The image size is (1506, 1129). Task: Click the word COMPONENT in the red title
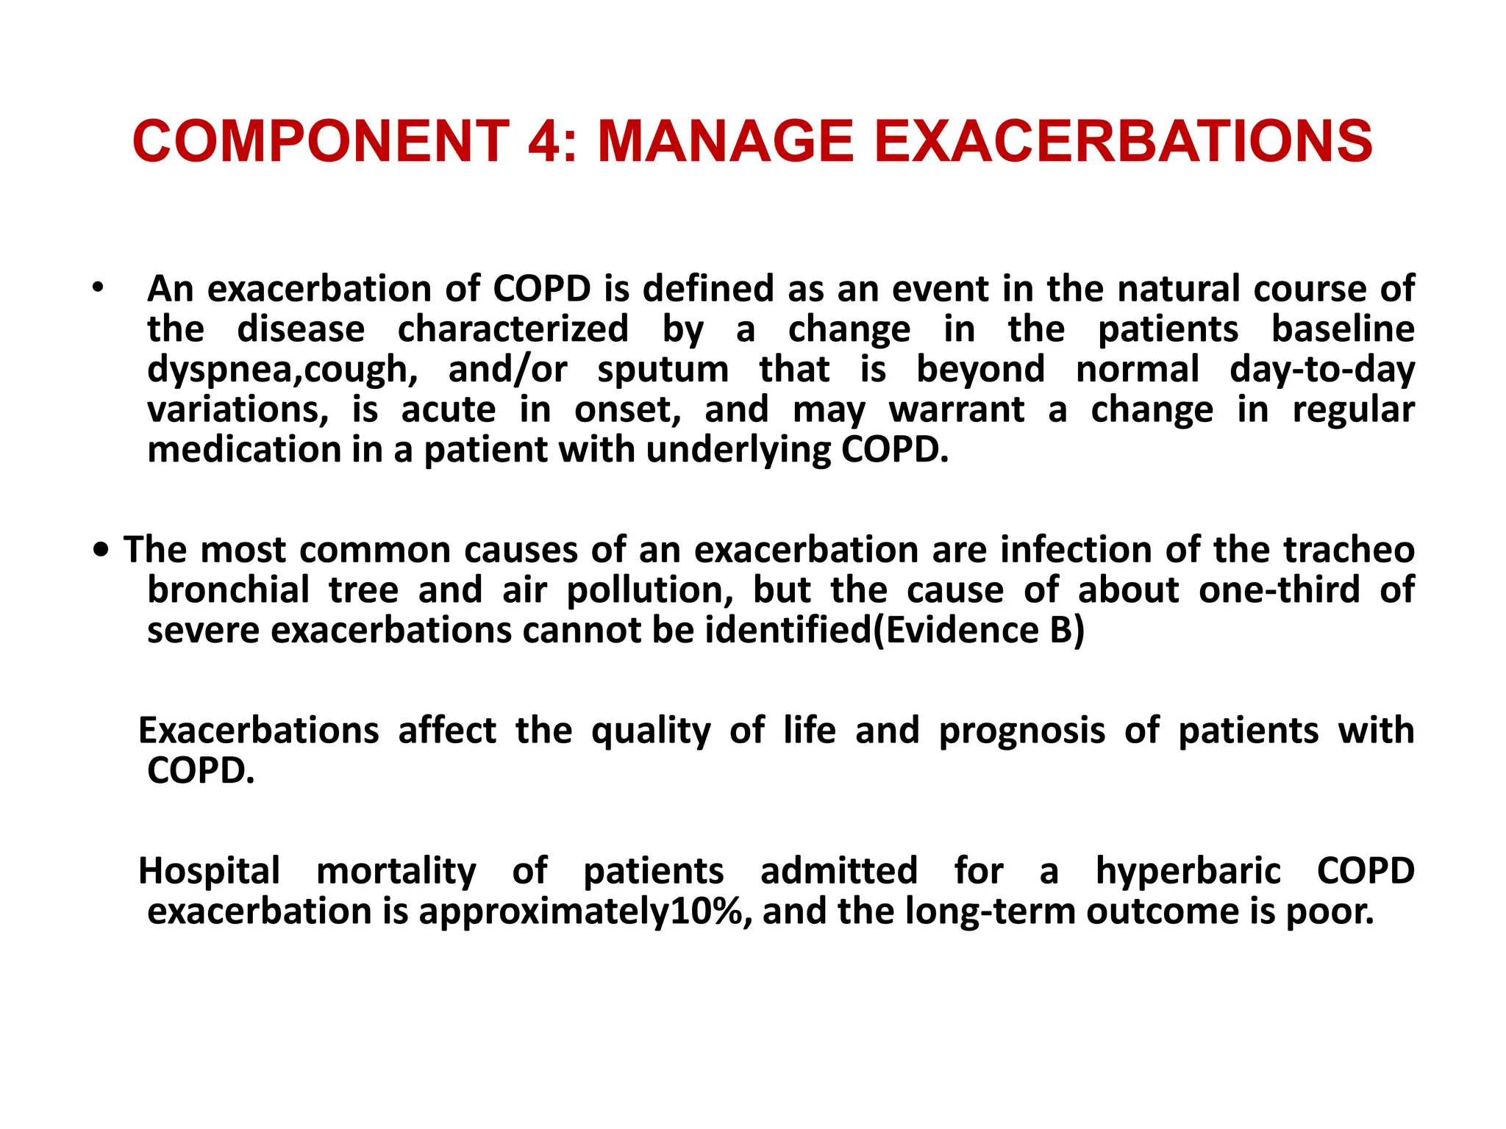[x=321, y=141]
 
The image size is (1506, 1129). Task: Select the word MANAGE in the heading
[x=726, y=141]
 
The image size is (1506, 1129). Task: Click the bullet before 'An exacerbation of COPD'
[x=99, y=287]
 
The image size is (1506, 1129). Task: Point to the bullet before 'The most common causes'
[x=101, y=550]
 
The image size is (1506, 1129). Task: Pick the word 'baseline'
[x=1343, y=329]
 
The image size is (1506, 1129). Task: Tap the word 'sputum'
[x=663, y=369]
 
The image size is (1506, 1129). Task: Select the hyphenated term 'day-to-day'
[x=1322, y=369]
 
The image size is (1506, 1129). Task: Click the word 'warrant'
[x=957, y=409]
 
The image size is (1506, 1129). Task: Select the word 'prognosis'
[x=1022, y=731]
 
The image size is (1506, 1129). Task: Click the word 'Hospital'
[x=210, y=871]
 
